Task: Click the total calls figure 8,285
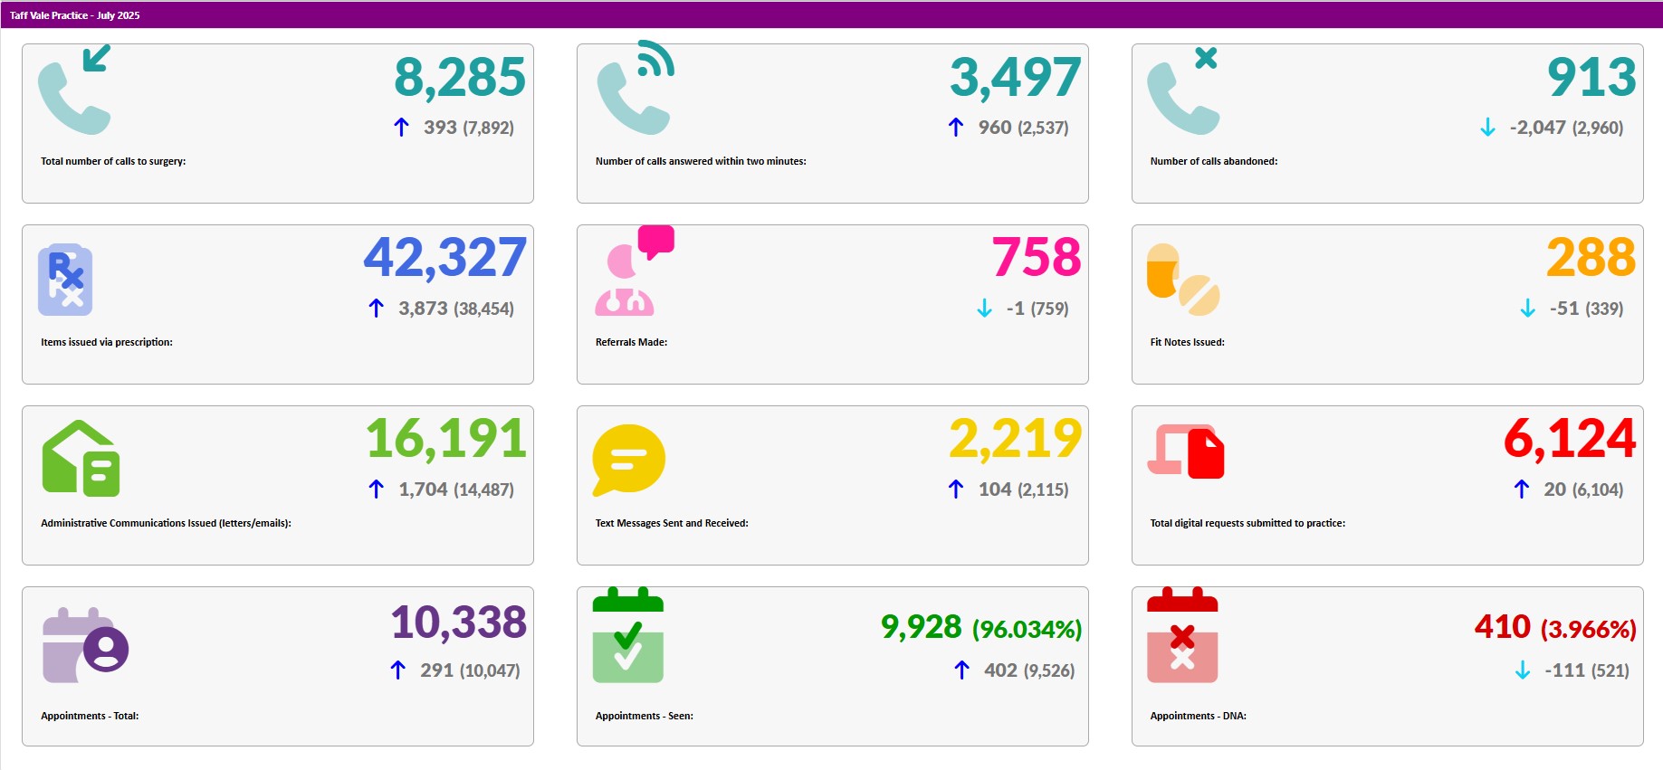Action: click(460, 78)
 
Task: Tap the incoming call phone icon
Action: click(75, 90)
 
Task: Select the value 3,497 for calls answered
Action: click(1015, 78)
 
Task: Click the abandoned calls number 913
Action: click(1591, 78)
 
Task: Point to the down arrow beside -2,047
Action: click(1487, 128)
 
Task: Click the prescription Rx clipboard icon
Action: click(65, 280)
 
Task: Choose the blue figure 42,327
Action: click(445, 258)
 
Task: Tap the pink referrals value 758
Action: click(1037, 258)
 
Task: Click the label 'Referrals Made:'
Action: click(631, 342)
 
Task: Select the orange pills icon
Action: click(1182, 280)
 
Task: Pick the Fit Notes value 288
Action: click(1591, 258)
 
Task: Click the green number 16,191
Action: click(446, 439)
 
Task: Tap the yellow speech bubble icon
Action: click(628, 460)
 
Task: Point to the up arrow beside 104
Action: click(956, 490)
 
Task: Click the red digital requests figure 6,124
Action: click(1570, 439)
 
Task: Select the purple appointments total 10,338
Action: click(459, 623)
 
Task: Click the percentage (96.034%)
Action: click(1027, 629)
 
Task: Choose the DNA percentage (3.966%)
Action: click(1588, 629)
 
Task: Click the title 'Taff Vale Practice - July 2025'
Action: click(75, 15)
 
